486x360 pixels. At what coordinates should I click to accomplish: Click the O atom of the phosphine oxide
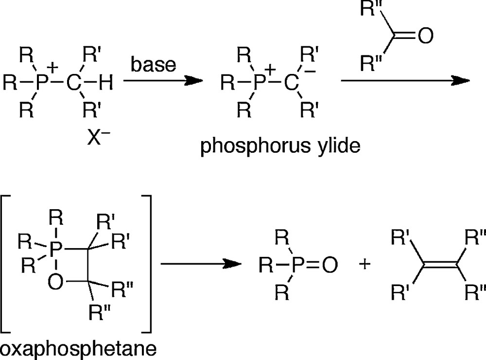coord(329,265)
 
